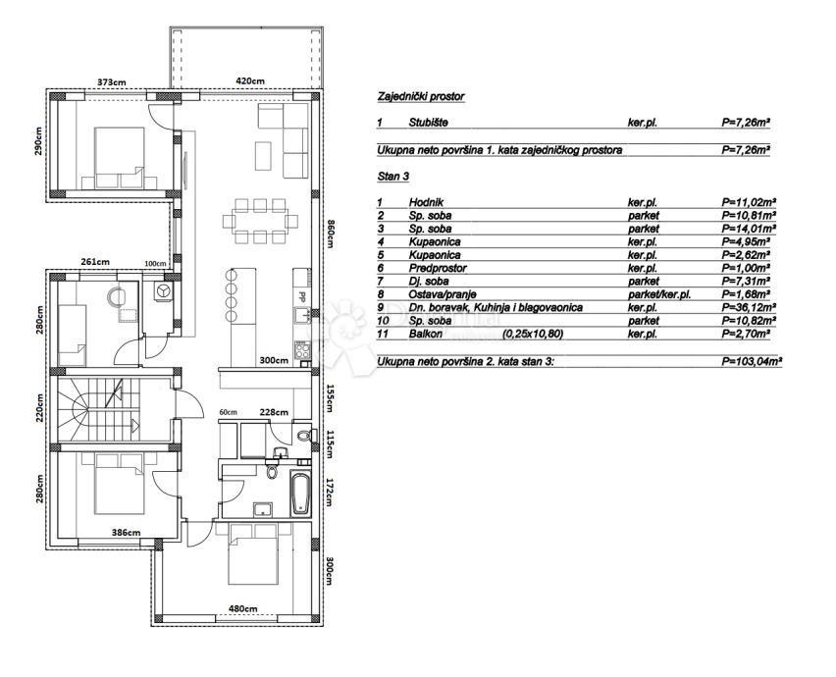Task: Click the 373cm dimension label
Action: (112, 82)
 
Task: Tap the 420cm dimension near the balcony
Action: (250, 81)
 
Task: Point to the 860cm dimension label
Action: (329, 234)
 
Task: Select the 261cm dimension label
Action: (95, 262)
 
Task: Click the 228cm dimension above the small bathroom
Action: (274, 412)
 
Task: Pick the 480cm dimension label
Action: (243, 608)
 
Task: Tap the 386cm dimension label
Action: (126, 532)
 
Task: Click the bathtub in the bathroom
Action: (300, 492)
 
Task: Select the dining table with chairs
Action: (260, 221)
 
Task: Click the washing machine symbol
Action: (163, 290)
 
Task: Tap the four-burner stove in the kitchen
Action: (302, 351)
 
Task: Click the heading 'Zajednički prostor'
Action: (421, 96)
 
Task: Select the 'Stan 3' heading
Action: (392, 176)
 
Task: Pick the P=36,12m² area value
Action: (749, 307)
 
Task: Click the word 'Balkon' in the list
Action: (426, 335)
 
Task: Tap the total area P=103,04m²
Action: (752, 361)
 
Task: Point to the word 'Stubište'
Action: (428, 123)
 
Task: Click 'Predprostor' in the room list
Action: (438, 268)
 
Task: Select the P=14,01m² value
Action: (749, 229)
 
